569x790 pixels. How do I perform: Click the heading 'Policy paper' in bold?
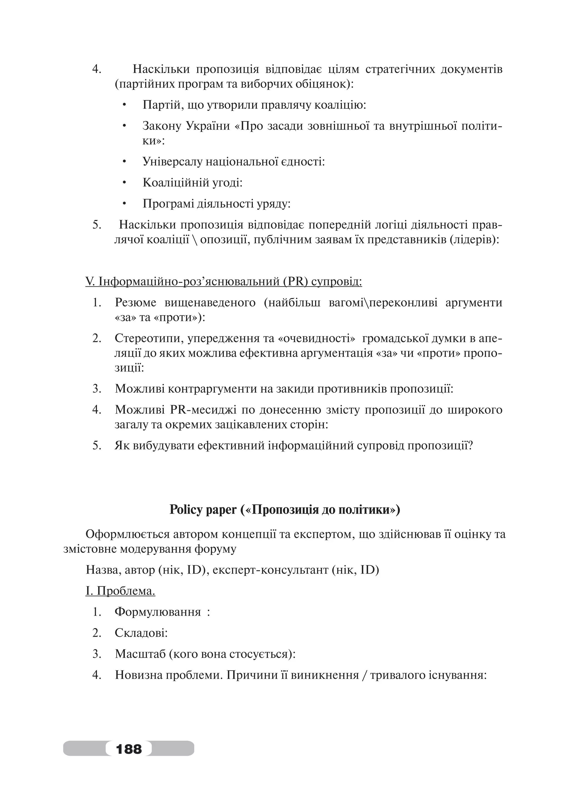(x=203, y=510)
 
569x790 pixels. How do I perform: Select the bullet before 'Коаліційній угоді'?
(x=124, y=182)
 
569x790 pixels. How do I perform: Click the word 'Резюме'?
(x=136, y=302)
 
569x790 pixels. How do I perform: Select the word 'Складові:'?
(x=141, y=633)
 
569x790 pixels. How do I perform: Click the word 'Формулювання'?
(x=158, y=612)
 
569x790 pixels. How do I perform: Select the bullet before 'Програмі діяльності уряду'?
(x=124, y=204)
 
